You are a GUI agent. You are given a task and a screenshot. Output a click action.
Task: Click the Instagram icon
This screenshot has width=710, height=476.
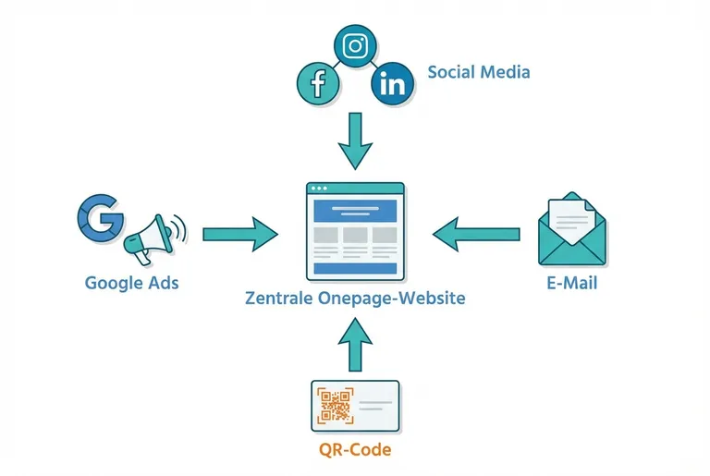355,45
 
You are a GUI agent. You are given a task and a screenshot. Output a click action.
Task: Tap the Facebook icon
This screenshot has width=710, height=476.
319,85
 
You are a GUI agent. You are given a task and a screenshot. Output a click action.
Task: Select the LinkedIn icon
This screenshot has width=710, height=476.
392,85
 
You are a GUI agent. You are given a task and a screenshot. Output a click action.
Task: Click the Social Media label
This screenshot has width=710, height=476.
479,72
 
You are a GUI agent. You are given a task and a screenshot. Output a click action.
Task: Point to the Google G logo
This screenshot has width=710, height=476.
99,217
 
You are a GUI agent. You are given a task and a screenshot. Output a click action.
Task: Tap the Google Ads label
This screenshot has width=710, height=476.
131,282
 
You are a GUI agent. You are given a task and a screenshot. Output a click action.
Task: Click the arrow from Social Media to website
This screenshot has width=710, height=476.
355,140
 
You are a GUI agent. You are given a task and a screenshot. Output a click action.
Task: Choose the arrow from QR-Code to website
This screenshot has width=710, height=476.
355,341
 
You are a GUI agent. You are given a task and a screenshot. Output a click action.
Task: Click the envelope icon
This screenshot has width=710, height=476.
573,231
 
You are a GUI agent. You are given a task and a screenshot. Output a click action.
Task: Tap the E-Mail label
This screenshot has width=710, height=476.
573,282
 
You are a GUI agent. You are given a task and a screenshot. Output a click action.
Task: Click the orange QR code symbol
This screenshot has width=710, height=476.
335,406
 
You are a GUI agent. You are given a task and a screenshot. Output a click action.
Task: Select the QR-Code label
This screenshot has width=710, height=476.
355,450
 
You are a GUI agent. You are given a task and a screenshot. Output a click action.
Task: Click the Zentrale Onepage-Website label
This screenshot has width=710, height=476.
356,299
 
